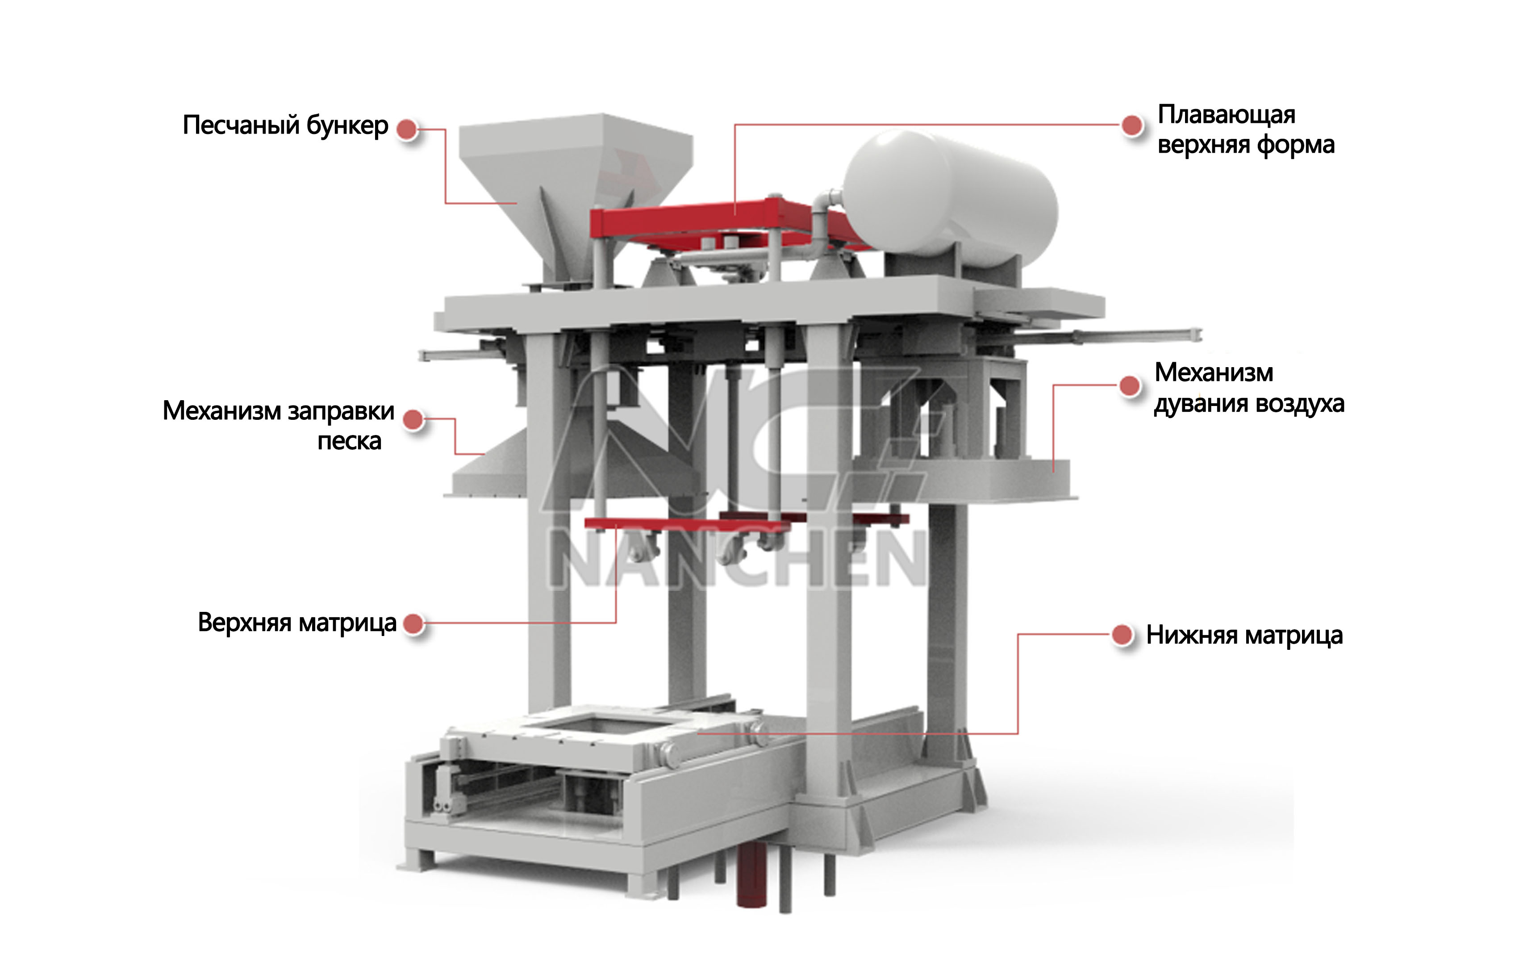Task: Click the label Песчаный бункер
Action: (x=285, y=126)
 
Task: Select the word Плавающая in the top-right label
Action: (x=1227, y=115)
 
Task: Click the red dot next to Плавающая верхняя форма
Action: (x=1131, y=126)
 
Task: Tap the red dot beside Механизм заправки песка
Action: (x=413, y=419)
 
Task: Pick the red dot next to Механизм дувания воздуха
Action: (x=1130, y=385)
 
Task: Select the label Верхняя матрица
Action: (x=297, y=623)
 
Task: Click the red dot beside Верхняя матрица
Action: (x=413, y=623)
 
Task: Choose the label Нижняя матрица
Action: (x=1244, y=635)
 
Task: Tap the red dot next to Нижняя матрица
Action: (x=1122, y=635)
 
